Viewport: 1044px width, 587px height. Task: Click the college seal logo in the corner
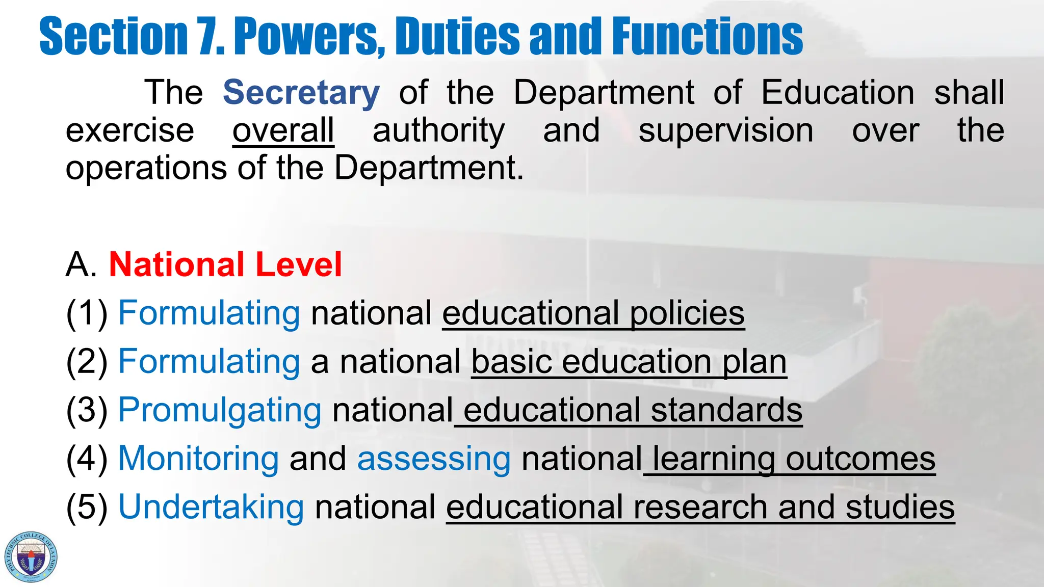coord(31,556)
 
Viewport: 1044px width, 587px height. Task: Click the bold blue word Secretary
coord(301,93)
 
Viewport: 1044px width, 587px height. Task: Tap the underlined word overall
coord(283,130)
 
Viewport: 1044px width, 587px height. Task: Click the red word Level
coord(298,264)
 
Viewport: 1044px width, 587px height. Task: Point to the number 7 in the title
coord(210,36)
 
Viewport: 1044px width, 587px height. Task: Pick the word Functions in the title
coord(707,36)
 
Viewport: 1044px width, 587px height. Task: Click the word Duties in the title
coord(457,36)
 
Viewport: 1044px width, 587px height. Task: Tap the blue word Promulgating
coord(220,410)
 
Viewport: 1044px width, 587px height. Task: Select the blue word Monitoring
coord(198,459)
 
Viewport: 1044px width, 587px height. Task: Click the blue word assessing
coord(434,459)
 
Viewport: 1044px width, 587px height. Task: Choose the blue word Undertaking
coord(211,508)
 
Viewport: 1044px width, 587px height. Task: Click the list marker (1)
coord(87,313)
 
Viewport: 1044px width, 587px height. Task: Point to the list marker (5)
coord(87,508)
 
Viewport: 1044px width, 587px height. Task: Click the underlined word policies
coord(687,313)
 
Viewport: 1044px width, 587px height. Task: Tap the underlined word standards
coord(726,410)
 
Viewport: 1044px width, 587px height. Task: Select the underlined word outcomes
coord(860,459)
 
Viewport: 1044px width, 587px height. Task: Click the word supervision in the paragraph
coord(726,130)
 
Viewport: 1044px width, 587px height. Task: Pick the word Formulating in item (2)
coord(209,362)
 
